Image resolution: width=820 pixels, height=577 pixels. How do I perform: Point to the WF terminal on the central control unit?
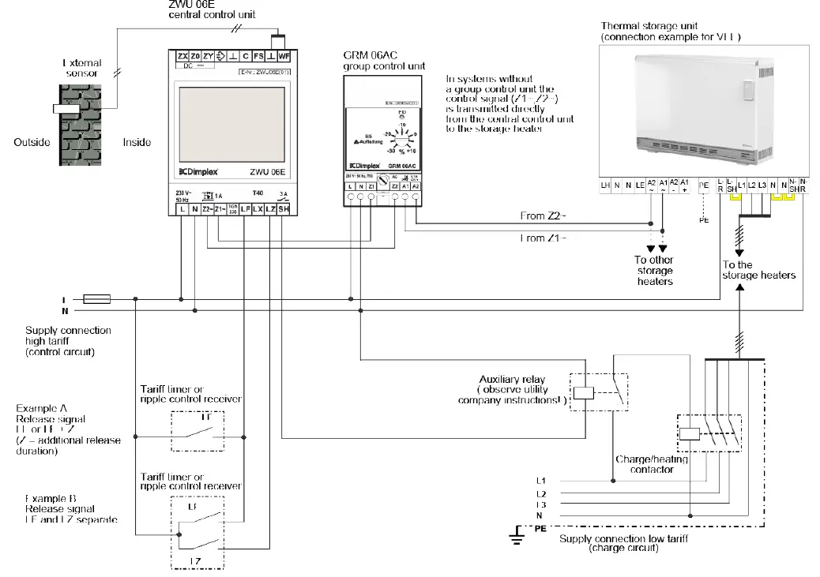pos(284,57)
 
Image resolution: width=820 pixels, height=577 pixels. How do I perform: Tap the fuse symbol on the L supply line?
pos(96,299)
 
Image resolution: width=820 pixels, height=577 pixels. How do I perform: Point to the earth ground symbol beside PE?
pos(517,538)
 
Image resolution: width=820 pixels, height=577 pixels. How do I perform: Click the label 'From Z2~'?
pos(543,215)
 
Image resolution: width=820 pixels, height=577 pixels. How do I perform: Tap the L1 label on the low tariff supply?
pos(540,481)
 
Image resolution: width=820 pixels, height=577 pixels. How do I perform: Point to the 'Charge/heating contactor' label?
pos(652,464)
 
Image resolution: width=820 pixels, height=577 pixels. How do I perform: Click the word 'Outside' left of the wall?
pos(32,143)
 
